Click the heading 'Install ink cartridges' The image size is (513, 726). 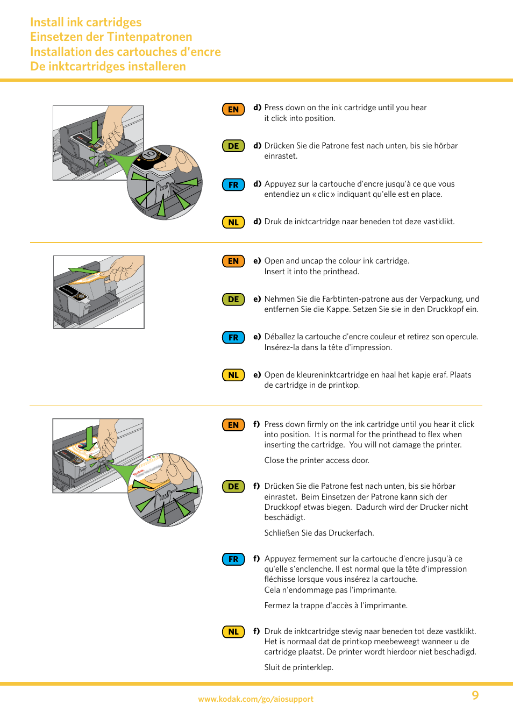tap(86, 23)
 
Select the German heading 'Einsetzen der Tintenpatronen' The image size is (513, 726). tap(111, 37)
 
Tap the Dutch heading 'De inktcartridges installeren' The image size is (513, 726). tap(108, 67)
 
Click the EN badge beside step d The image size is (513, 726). tap(233, 110)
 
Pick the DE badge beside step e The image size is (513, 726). tap(233, 300)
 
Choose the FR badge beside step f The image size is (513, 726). tap(233, 559)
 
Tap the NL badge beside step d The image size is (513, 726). tap(233, 223)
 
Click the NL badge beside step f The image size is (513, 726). tap(233, 632)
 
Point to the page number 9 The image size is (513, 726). tap(475, 695)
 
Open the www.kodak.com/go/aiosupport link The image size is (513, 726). tap(255, 699)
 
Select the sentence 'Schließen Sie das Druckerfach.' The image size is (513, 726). tap(319, 533)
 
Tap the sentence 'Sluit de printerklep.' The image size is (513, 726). tap(298, 667)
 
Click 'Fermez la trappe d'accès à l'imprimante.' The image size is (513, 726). tap(336, 606)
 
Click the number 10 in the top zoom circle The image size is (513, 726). tap(149, 155)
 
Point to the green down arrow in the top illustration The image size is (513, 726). tap(95, 131)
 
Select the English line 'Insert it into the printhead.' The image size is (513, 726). tap(311, 272)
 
